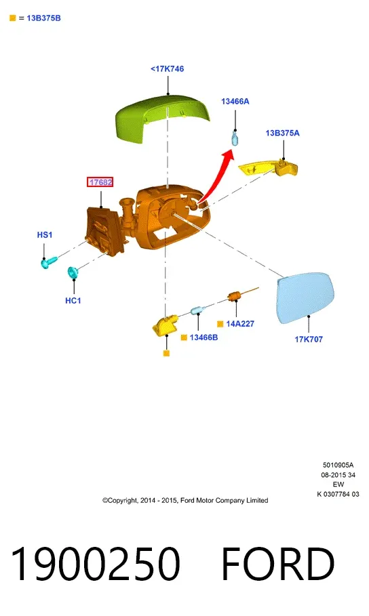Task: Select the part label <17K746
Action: click(167, 68)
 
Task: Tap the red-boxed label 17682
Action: click(100, 182)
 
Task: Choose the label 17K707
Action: click(309, 339)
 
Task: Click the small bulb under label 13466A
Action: click(235, 138)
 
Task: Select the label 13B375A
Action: click(282, 134)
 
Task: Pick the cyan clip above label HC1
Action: click(73, 272)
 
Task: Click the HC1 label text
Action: click(73, 300)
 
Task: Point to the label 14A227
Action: click(240, 324)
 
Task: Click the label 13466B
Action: click(203, 337)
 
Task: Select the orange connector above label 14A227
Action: click(235, 296)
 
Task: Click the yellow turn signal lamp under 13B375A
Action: click(269, 167)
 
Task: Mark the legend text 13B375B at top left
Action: click(43, 18)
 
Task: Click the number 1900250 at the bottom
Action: click(96, 563)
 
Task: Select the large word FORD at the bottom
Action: click(278, 563)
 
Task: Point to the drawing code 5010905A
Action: click(338, 465)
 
